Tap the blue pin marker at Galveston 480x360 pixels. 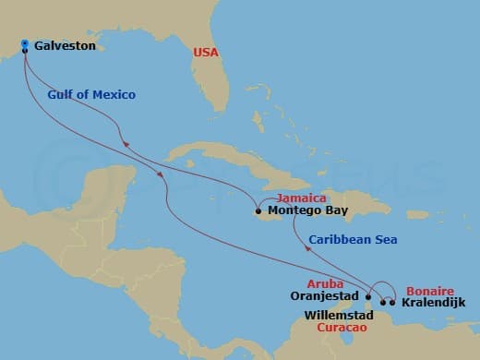25,43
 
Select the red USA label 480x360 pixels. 206,53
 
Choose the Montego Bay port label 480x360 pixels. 304,210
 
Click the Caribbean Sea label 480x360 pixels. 353,240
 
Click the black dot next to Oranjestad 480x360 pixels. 368,297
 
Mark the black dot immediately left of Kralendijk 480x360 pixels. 392,302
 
